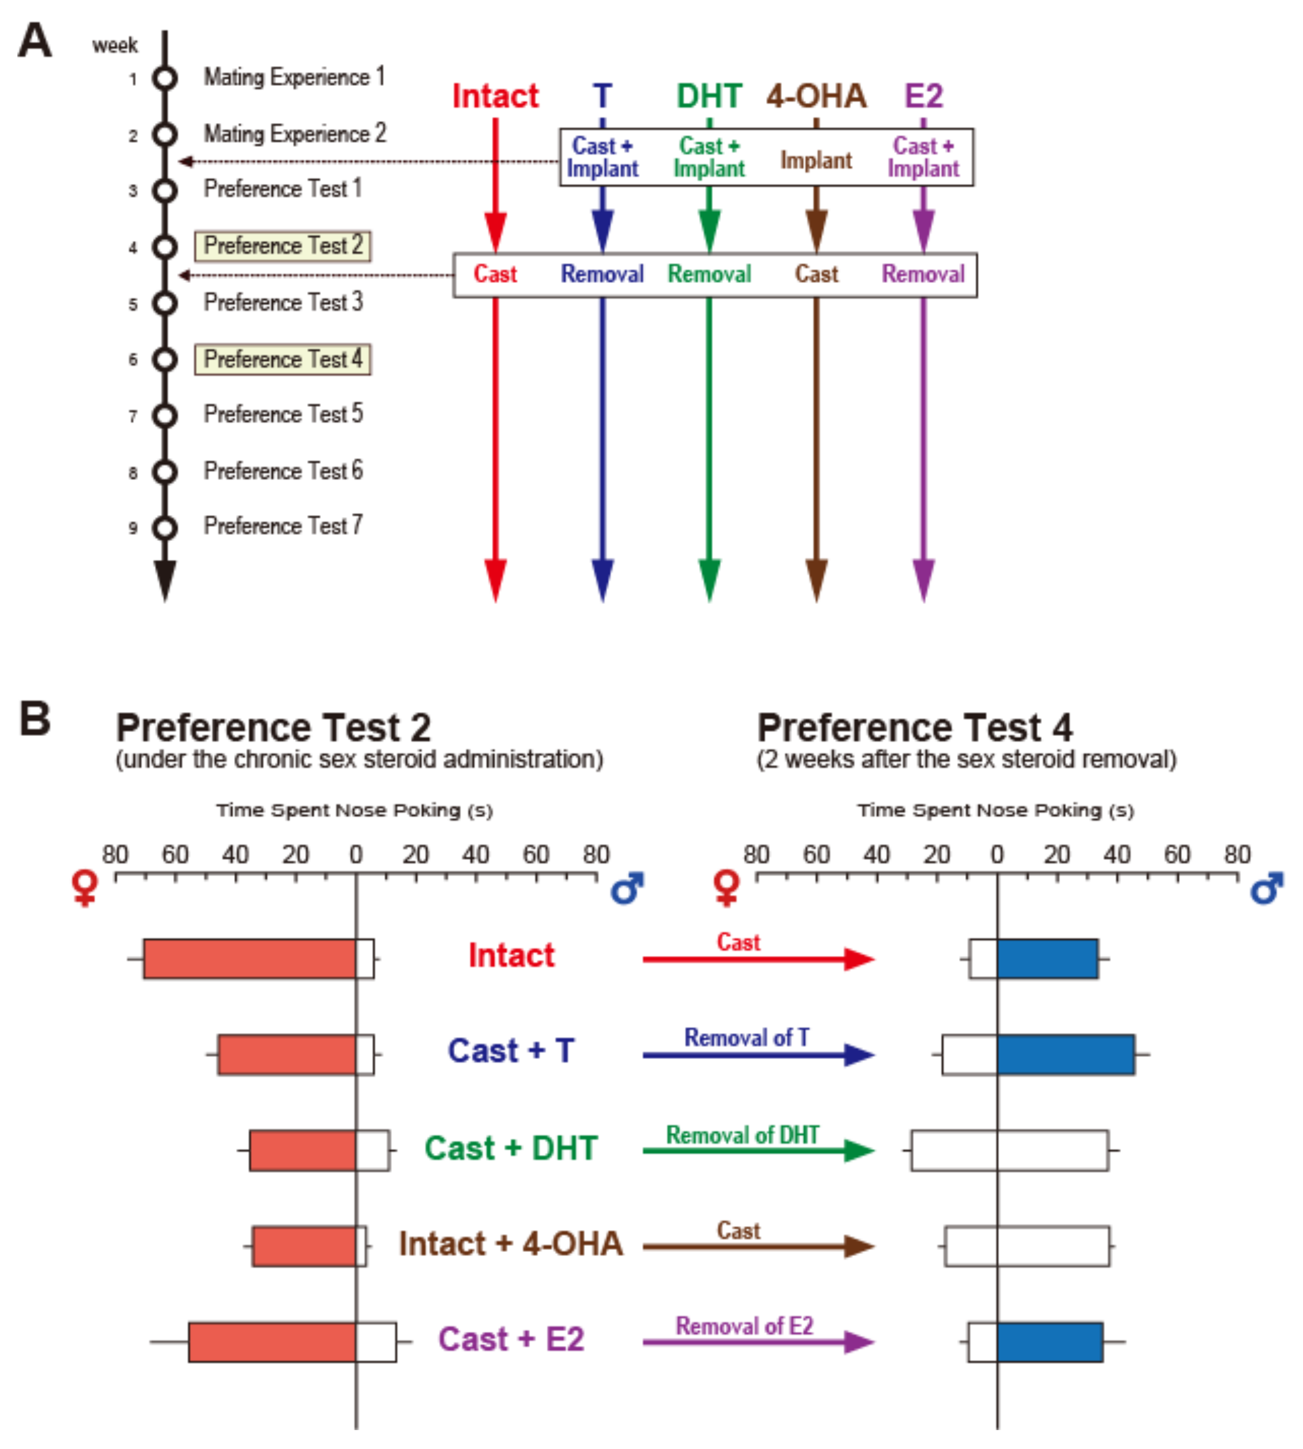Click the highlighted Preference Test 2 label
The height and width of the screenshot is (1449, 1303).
click(283, 245)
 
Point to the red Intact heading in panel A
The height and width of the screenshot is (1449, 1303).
click(496, 96)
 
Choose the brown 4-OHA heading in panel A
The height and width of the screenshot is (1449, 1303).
click(816, 96)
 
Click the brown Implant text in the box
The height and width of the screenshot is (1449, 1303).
click(816, 161)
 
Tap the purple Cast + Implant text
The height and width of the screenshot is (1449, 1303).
click(923, 157)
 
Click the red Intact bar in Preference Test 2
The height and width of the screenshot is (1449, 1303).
click(249, 959)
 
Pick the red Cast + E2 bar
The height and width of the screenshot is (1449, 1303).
click(272, 1342)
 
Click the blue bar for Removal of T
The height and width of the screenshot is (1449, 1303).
click(1065, 1054)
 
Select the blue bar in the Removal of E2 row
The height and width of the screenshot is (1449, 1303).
click(1050, 1342)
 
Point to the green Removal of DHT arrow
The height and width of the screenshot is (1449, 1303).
click(758, 1150)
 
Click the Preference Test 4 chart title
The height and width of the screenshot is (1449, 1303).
click(914, 728)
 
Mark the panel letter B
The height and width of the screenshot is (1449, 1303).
click(35, 718)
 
